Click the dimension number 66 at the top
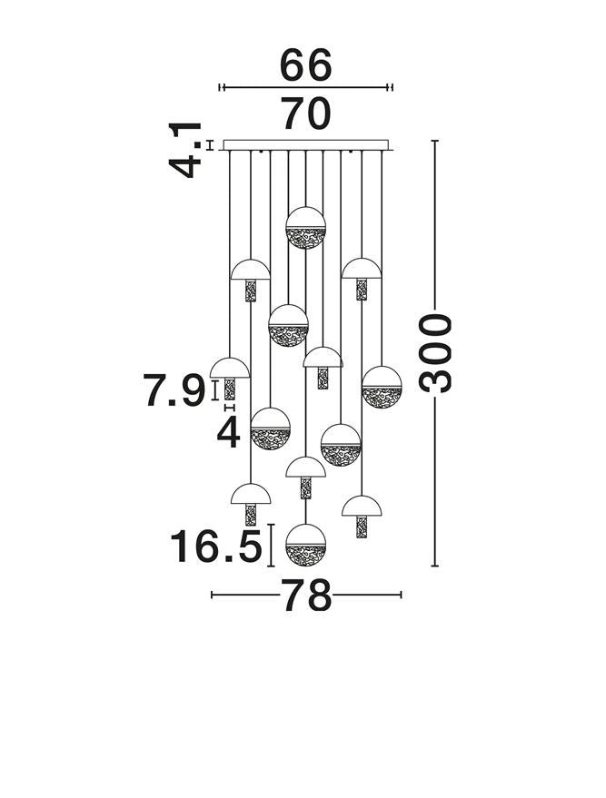306,65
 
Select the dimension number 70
306,114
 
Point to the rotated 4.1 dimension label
187,151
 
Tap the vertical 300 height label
437,352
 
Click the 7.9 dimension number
174,392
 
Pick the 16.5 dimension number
215,547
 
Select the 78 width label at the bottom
306,596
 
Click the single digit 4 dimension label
229,433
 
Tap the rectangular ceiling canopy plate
306,145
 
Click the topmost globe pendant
306,227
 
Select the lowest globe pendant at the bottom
305,544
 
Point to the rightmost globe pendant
382,386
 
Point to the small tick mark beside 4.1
211,144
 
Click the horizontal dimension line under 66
306,87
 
